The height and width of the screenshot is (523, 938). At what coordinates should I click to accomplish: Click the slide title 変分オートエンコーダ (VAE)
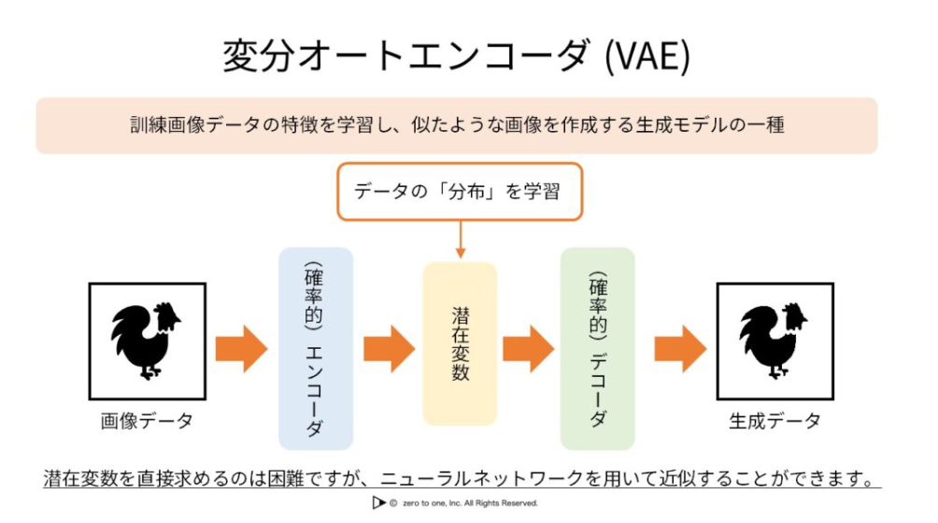(457, 56)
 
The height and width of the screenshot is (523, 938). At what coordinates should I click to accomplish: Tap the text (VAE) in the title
(647, 56)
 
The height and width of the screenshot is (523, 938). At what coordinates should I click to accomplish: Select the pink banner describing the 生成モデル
(457, 125)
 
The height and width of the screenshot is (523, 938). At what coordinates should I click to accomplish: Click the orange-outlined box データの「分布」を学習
(460, 192)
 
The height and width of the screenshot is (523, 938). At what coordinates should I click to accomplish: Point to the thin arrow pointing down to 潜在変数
(460, 239)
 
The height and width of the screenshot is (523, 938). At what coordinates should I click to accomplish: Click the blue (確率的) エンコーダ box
(316, 349)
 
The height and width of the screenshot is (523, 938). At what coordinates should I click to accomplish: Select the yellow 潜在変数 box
(460, 344)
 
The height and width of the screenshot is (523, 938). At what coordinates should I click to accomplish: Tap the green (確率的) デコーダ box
(598, 349)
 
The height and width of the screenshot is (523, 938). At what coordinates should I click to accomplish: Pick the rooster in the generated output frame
(774, 341)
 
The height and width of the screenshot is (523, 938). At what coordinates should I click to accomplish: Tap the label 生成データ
(775, 421)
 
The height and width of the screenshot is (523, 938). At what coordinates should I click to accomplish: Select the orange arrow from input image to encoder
(242, 349)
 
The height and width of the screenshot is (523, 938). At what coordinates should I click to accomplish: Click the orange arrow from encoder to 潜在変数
(390, 349)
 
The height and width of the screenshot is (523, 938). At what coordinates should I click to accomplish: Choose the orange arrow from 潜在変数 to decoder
(529, 349)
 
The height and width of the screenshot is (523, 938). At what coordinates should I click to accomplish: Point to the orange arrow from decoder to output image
(681, 349)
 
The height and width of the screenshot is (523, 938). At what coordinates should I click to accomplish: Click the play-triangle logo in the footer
(378, 502)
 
